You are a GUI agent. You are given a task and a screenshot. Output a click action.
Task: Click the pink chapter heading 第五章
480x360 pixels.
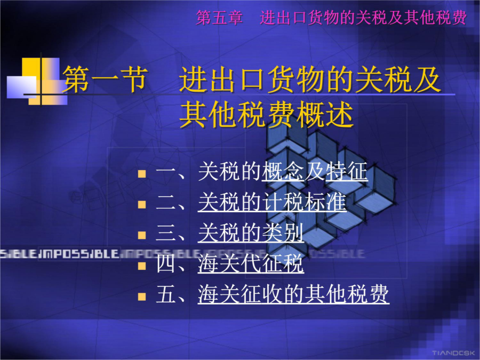click(220, 18)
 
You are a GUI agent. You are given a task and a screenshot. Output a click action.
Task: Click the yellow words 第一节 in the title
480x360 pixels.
click(105, 79)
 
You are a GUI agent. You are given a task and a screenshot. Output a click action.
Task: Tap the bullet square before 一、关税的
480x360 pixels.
click(142, 174)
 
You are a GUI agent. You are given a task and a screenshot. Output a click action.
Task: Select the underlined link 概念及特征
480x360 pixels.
click(315, 171)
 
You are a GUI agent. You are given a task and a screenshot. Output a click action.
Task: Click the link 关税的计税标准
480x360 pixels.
click(272, 202)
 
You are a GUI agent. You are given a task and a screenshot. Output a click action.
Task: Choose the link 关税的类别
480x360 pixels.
click(251, 233)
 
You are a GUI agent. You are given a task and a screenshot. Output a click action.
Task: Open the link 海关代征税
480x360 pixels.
click(251, 263)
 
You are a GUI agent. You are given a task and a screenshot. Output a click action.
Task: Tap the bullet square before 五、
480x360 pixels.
click(142, 297)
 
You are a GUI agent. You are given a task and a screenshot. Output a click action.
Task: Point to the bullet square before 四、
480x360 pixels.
click(142, 266)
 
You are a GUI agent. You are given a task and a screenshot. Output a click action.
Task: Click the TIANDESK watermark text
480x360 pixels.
click(453, 353)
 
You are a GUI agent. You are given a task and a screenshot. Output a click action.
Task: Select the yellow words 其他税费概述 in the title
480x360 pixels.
click(266, 115)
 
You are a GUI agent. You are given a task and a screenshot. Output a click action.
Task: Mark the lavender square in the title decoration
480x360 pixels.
click(22, 87)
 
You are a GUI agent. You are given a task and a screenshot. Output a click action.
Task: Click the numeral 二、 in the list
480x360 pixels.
click(171, 202)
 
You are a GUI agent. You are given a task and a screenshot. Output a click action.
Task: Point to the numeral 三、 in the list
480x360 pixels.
click(171, 233)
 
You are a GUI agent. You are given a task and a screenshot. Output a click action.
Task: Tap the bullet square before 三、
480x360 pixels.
click(142, 235)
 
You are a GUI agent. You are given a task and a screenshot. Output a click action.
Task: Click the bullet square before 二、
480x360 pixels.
click(142, 204)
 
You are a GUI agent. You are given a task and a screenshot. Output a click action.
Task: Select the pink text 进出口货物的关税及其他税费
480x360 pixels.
click(363, 18)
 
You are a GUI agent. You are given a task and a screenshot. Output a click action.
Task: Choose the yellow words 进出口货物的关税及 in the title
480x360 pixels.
click(310, 79)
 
